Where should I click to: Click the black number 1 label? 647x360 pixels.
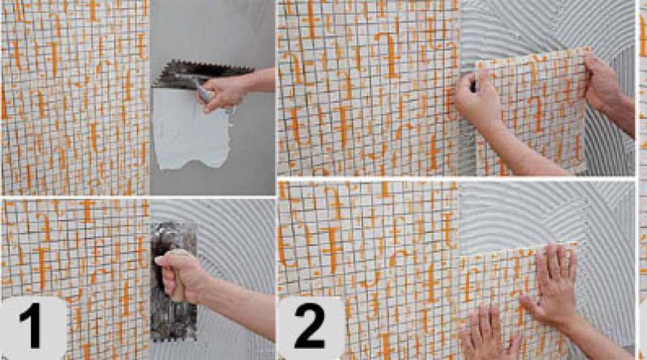30,326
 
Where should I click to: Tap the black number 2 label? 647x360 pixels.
310,326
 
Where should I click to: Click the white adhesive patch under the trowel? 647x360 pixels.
189,129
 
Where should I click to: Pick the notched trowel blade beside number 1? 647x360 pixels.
173,281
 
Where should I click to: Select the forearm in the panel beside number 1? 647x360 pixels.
239,306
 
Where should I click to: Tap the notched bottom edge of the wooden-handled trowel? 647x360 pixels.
173,338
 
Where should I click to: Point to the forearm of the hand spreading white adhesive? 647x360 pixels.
260,81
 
